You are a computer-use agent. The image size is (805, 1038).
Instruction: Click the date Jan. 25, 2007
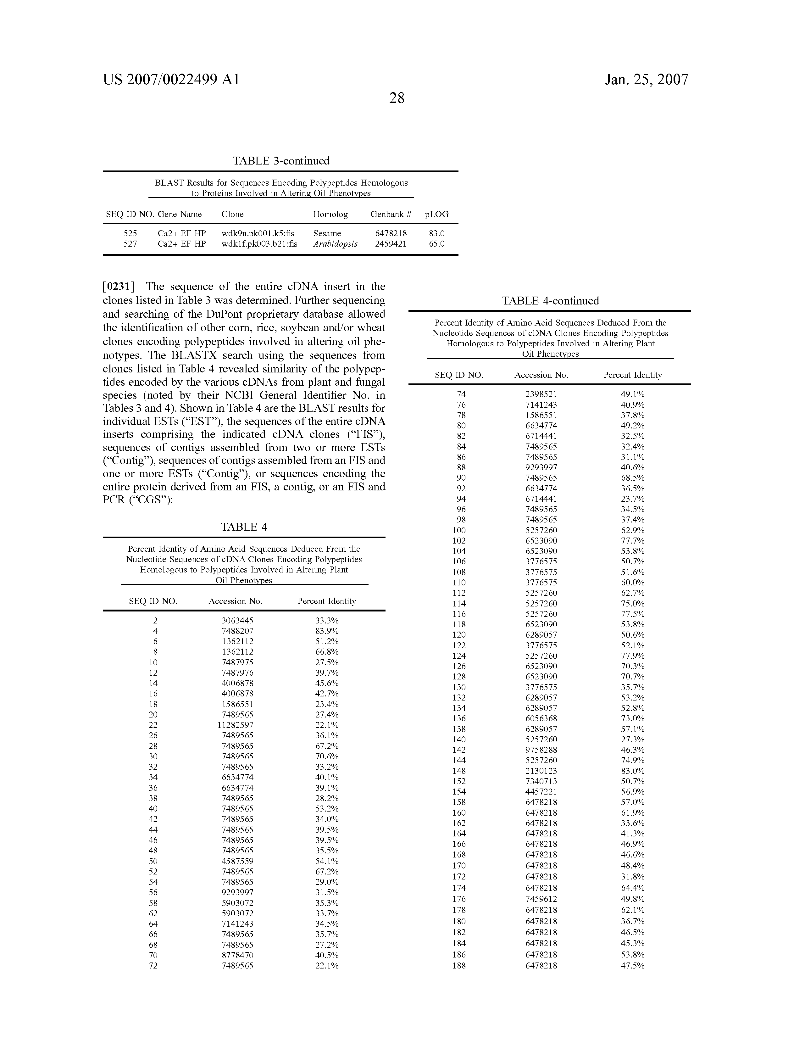tap(646, 79)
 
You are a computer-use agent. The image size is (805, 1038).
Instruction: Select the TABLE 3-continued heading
tap(281, 161)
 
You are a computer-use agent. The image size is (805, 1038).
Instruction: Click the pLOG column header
tap(436, 214)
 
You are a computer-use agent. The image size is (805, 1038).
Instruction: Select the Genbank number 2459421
tap(391, 244)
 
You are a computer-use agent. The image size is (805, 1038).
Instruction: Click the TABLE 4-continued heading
tap(550, 301)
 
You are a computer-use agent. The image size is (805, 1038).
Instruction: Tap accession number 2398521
tap(541, 394)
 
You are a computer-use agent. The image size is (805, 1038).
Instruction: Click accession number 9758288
tap(541, 750)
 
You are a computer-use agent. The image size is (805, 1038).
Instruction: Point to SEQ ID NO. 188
tap(459, 966)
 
